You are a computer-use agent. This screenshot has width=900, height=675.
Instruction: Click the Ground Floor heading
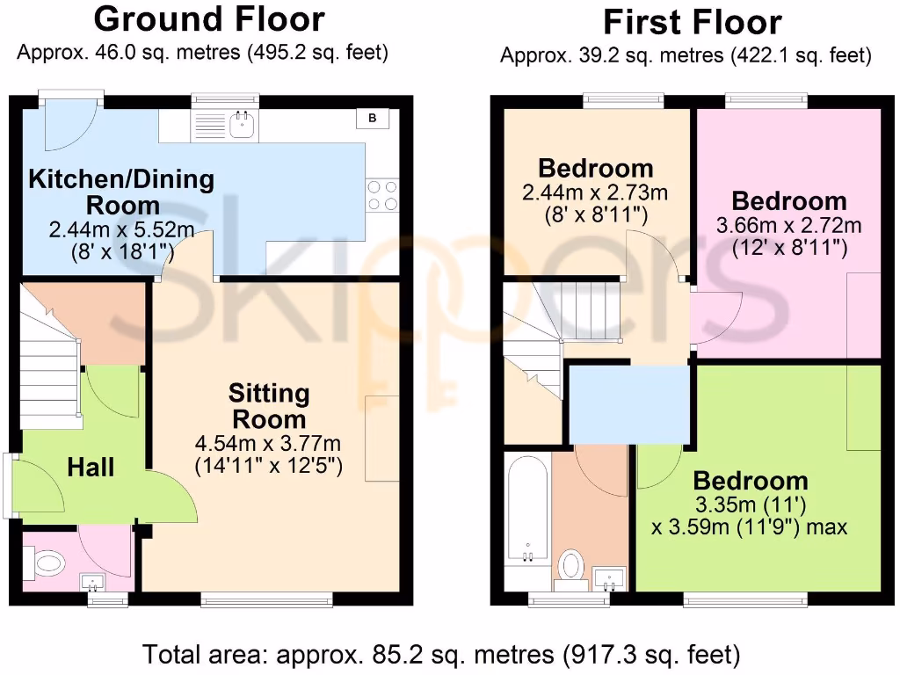208,18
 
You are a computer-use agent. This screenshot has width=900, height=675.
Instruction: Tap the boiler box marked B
372,118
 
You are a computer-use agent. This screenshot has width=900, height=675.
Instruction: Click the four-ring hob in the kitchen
381,195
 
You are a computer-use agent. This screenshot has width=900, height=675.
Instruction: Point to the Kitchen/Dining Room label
121,192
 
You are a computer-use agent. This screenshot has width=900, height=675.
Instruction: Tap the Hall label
91,467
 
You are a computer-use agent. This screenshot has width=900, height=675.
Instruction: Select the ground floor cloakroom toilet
47,561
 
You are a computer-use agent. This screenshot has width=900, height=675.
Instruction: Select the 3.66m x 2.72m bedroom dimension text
789,225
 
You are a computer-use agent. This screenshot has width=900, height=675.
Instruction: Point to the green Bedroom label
750,481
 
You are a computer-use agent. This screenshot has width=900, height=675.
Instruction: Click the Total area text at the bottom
441,654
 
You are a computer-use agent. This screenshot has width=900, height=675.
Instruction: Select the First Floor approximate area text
685,56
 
